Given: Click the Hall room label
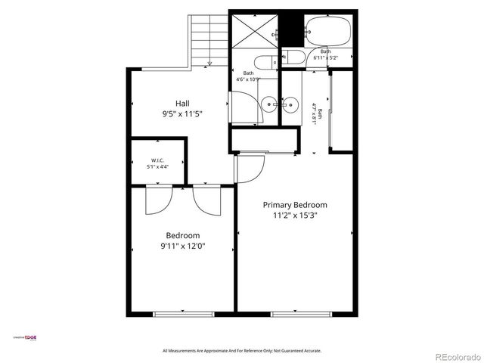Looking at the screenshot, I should pos(182,104).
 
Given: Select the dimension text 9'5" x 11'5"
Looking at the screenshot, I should pos(182,114).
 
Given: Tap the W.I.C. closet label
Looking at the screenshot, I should pos(159,160).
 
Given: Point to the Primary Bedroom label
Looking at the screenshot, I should pos(295,204).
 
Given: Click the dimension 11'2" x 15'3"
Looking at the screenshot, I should pos(295,215).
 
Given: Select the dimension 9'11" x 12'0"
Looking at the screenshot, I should pos(183,246).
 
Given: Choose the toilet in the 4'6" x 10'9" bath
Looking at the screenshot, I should pos(266,62).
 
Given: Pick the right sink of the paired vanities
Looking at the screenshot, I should pos(290,104).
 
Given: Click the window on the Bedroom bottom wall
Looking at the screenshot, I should pos(184,312).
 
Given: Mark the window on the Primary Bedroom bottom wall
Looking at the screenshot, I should pos(295,312).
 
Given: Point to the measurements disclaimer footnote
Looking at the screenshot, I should pos(242,351).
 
